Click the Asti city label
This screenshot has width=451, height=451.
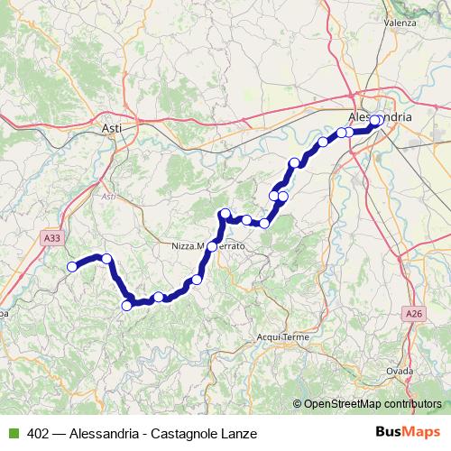[x=112, y=128]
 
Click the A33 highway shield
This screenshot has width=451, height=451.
[x=53, y=238]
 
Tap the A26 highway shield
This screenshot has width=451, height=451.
[x=413, y=313]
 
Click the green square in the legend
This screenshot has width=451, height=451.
[x=12, y=433]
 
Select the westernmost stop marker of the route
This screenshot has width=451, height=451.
[x=72, y=266]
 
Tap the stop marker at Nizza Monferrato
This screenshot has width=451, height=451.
[x=213, y=245]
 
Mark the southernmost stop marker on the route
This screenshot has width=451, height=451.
[x=126, y=306]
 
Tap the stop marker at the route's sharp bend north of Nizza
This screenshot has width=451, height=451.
[x=225, y=214]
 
